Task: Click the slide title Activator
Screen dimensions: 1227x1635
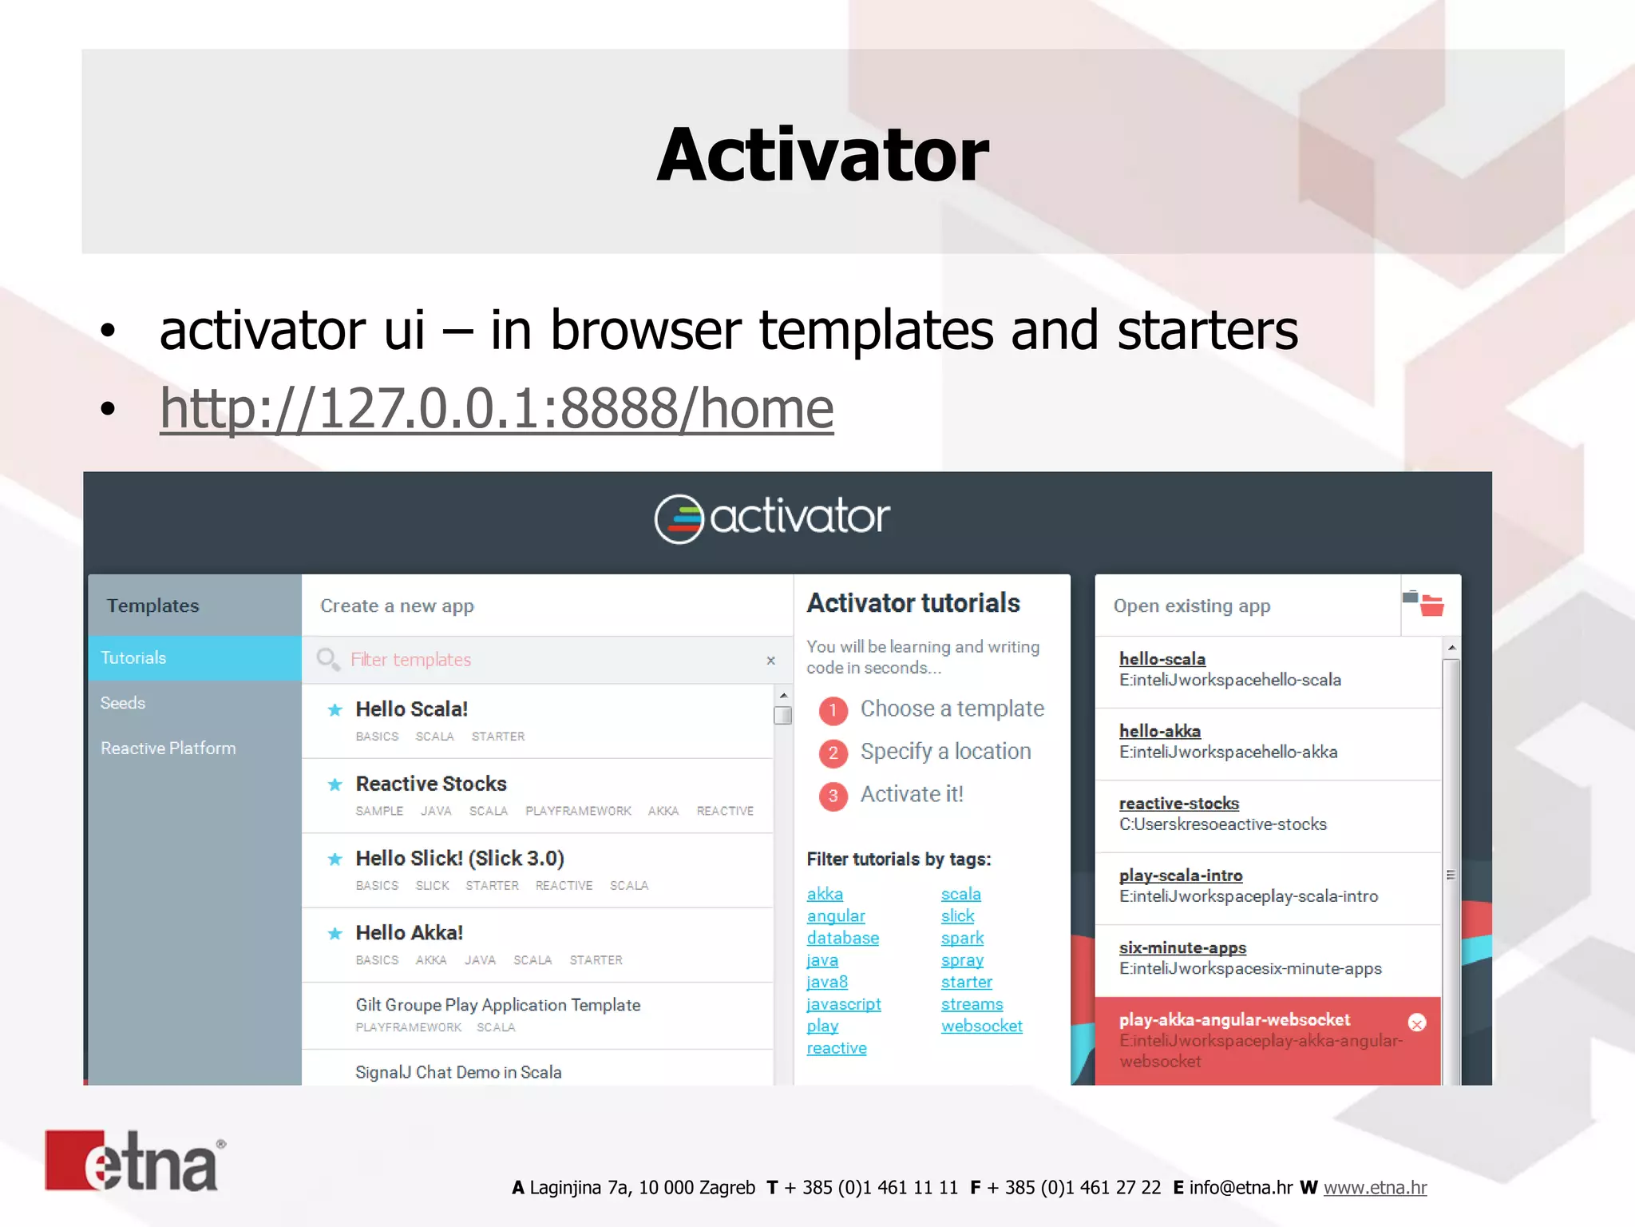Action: (822, 155)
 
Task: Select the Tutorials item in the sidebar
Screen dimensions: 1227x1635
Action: (133, 658)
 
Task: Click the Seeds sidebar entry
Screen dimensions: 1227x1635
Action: (123, 703)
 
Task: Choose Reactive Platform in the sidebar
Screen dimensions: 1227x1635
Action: (168, 749)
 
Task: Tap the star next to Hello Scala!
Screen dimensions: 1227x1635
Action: (335, 709)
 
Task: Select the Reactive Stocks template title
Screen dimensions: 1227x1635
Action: (431, 784)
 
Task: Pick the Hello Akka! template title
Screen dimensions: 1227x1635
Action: (409, 933)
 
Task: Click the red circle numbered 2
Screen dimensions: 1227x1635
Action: (833, 752)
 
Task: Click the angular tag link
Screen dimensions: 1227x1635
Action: (836, 916)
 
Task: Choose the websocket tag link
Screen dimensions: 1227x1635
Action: (981, 1026)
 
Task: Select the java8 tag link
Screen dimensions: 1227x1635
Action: (827, 982)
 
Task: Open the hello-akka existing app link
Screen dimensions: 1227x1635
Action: (1159, 731)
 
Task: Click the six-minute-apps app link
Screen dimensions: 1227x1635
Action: (1182, 948)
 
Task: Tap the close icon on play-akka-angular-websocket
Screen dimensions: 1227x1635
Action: (1417, 1023)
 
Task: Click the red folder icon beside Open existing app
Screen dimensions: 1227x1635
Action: (1431, 606)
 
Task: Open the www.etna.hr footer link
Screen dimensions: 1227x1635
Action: (1375, 1188)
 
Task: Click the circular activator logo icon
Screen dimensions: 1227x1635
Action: (679, 519)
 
